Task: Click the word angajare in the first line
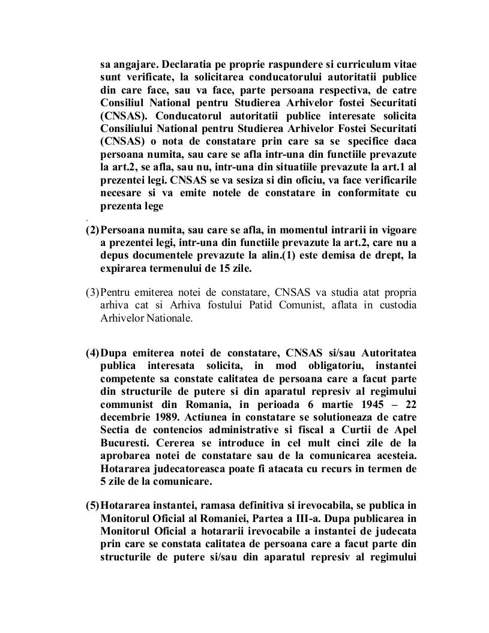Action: point(130,64)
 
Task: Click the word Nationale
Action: point(171,318)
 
